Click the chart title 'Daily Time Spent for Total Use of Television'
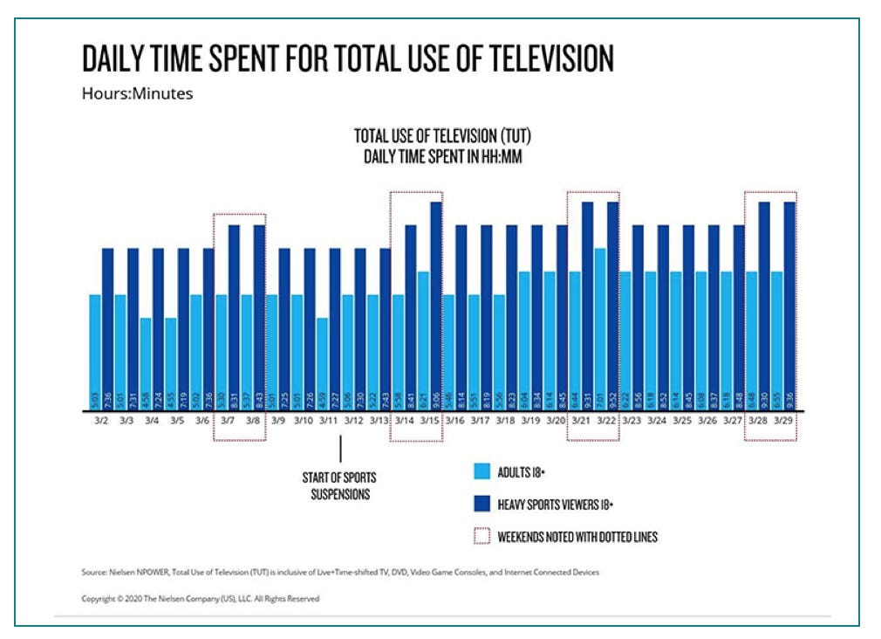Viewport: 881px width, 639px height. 348,58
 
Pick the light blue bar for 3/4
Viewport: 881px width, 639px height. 146,363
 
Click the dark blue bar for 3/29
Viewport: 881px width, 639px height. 790,306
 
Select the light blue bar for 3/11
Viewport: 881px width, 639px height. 323,363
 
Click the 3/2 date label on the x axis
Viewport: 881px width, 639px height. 101,421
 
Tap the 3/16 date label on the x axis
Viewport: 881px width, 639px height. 455,421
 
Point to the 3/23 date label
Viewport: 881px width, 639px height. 632,421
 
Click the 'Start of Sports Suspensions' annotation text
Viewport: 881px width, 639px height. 340,486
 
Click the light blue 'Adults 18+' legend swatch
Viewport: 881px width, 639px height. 481,472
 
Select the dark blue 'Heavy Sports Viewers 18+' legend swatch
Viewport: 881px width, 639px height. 481,504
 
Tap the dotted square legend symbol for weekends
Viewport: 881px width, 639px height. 481,536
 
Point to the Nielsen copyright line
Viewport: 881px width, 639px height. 201,599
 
